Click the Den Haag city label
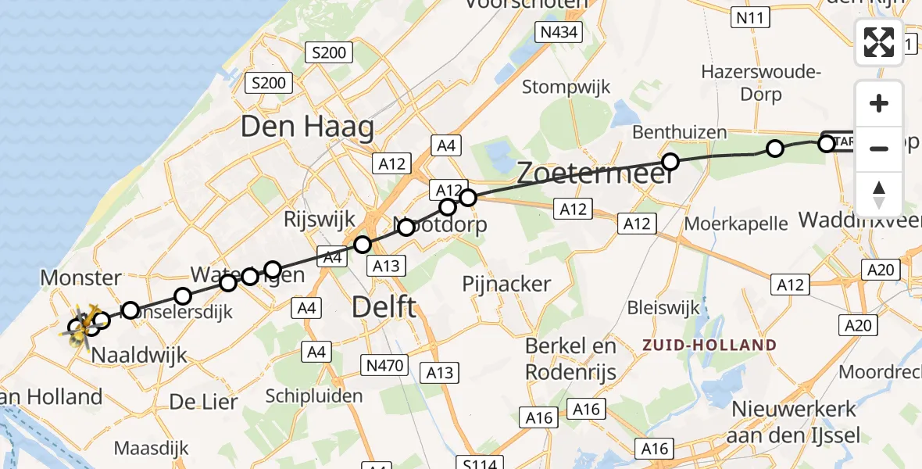click(307, 127)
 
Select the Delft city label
click(384, 306)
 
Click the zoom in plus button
click(879, 104)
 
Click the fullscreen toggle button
click(879, 42)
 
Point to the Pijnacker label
click(506, 284)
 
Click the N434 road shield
click(559, 32)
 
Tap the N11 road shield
click(749, 17)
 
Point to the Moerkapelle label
click(736, 224)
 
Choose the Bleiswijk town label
click(663, 307)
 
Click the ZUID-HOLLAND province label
click(710, 345)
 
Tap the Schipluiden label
click(314, 396)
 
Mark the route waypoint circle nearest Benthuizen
click(670, 162)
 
